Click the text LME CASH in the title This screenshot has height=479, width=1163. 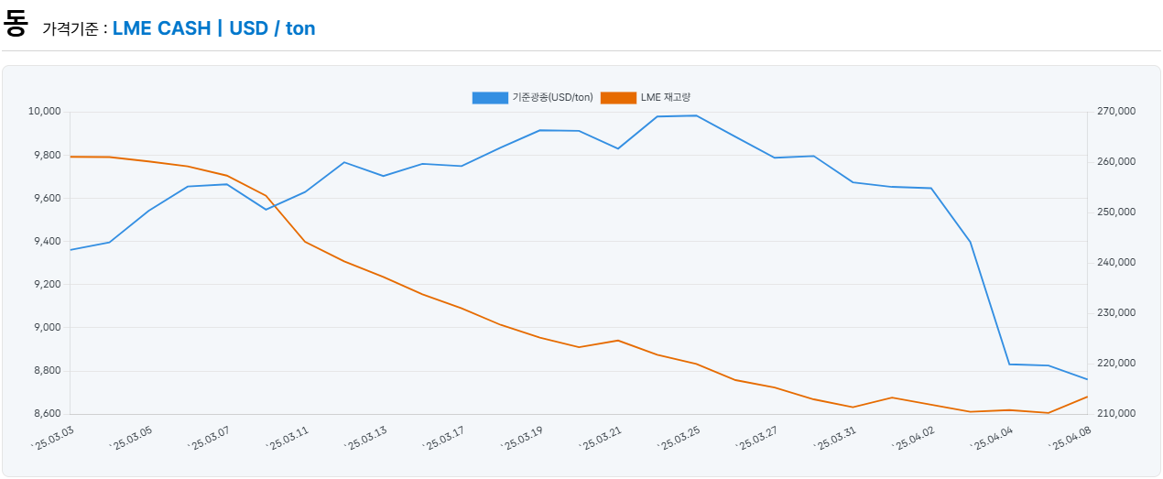point(161,28)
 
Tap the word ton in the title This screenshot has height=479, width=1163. point(300,28)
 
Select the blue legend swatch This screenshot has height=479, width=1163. point(490,98)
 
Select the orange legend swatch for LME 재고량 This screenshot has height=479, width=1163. point(618,98)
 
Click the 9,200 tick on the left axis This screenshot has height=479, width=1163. point(46,285)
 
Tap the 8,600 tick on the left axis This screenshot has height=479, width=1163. point(46,414)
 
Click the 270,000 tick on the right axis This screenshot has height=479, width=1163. point(1115,112)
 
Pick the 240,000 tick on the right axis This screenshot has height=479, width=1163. point(1115,263)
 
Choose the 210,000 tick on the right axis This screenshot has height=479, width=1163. point(1115,414)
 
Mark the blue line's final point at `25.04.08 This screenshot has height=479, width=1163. point(1087,379)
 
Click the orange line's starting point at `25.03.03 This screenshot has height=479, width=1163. point(71,157)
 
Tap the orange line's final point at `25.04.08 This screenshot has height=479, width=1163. point(1087,397)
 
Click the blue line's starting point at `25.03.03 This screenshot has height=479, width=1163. point(71,250)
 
